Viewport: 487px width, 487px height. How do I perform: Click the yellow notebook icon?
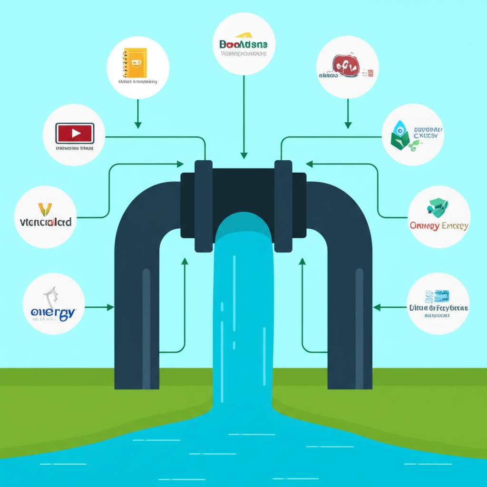(135, 62)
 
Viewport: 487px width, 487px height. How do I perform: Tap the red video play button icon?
(75, 133)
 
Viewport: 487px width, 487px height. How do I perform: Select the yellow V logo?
(45, 209)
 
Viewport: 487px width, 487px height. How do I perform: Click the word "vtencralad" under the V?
(46, 222)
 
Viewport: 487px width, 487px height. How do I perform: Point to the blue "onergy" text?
(54, 312)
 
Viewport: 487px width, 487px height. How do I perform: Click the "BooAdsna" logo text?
(243, 44)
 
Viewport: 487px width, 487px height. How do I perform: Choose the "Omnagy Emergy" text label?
(438, 226)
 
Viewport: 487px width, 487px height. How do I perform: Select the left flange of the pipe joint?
(203, 205)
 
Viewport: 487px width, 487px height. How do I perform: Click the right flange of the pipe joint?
(283, 205)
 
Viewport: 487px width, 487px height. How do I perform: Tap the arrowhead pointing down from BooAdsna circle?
(244, 155)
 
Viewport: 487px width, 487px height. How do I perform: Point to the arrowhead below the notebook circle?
(138, 125)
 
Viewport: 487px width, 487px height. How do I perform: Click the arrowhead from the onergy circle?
(110, 308)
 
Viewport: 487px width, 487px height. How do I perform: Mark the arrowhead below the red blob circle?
(348, 125)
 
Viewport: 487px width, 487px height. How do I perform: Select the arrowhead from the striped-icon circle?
(377, 308)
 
